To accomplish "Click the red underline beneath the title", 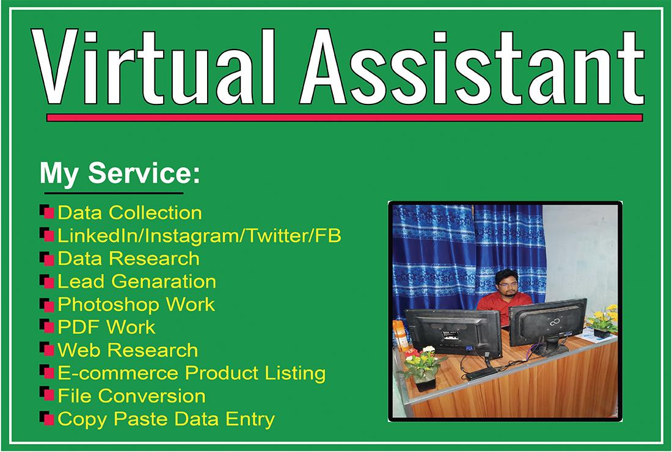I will [x=345, y=117].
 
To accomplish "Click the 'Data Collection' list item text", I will [x=130, y=213].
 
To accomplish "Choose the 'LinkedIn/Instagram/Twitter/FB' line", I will [x=199, y=236].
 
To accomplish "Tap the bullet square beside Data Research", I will [x=46, y=258].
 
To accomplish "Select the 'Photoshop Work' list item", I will [x=136, y=304].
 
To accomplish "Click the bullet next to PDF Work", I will [x=46, y=327].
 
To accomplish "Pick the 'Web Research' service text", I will [x=128, y=350].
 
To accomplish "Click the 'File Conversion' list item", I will [x=131, y=396].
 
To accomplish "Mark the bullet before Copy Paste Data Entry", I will [x=46, y=419].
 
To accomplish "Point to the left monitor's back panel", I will [x=452, y=333].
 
